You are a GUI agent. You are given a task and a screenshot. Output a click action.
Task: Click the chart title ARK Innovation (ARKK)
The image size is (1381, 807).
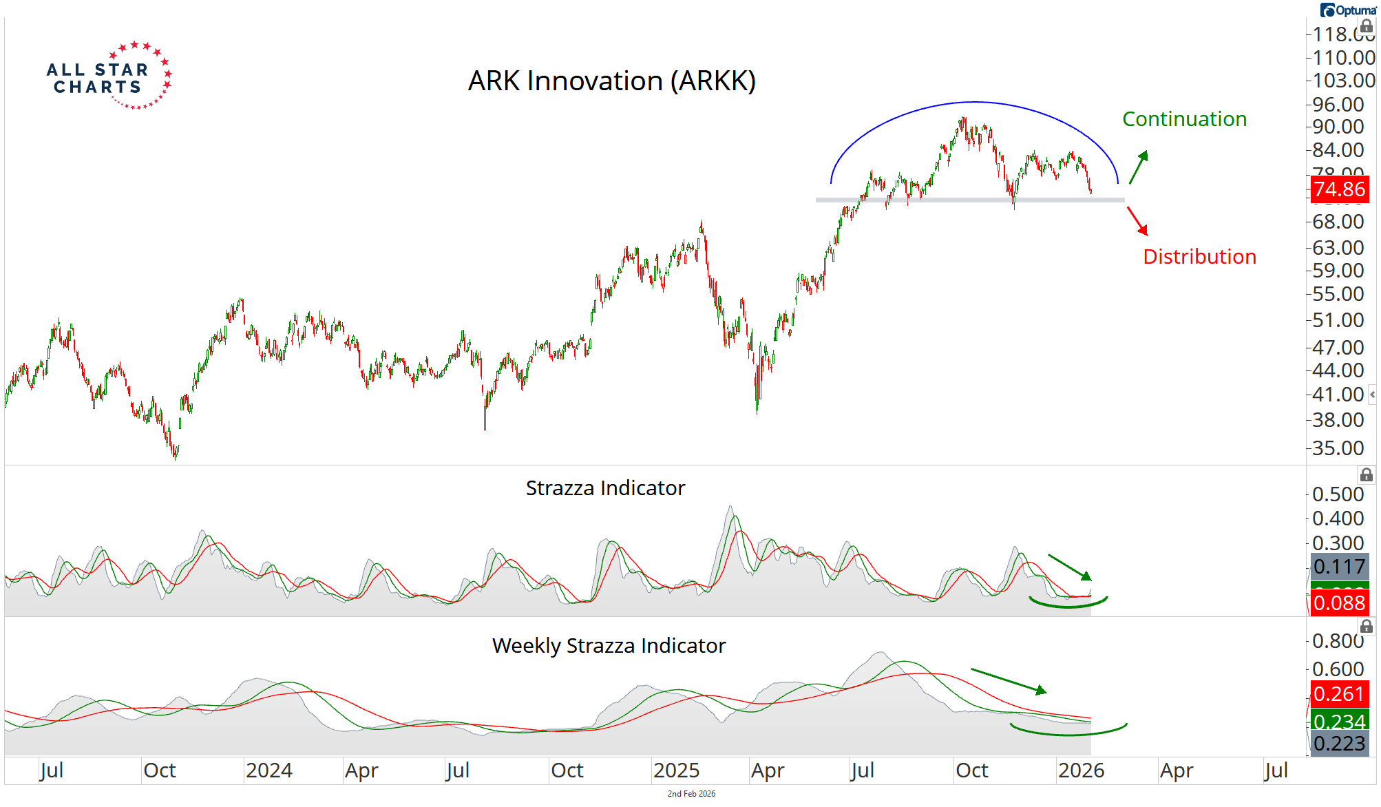click(611, 81)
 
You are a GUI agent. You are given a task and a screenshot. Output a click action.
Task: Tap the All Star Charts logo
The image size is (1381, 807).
click(109, 76)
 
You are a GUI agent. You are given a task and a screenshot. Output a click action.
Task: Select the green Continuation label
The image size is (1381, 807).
click(1184, 119)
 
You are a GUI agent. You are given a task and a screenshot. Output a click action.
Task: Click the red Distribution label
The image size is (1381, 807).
click(1199, 257)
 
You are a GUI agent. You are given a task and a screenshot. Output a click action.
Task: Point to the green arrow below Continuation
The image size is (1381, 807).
click(1139, 167)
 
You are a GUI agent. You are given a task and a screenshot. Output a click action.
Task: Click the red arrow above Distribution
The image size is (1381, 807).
click(1137, 220)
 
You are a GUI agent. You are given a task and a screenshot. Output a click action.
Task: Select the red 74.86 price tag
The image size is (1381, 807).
click(1338, 189)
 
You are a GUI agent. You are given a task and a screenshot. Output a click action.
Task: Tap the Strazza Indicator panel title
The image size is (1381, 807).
click(605, 488)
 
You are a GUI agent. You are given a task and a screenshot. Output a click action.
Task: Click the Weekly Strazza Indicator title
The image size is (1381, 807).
click(609, 646)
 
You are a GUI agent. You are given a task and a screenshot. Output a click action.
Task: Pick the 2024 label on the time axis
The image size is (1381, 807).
click(268, 771)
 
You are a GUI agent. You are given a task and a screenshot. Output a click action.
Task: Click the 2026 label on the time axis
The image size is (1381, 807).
click(1081, 771)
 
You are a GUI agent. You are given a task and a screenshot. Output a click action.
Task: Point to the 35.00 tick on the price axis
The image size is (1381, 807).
click(1338, 448)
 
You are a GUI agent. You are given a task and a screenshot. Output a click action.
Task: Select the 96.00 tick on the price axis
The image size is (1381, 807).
click(1338, 105)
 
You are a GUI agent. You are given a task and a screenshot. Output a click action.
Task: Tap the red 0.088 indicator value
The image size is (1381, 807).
click(1338, 603)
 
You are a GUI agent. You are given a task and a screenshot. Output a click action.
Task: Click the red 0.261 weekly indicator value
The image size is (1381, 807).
click(1338, 694)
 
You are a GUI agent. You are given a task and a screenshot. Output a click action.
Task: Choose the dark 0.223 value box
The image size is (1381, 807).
click(1338, 744)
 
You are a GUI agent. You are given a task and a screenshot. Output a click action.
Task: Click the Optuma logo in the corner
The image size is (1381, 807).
click(1348, 10)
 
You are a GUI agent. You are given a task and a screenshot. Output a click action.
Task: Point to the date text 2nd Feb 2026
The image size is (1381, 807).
click(691, 794)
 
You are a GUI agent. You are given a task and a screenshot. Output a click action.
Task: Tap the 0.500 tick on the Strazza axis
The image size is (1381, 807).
click(1338, 494)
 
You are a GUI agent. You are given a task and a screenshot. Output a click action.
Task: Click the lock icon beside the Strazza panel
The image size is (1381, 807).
click(1366, 475)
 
